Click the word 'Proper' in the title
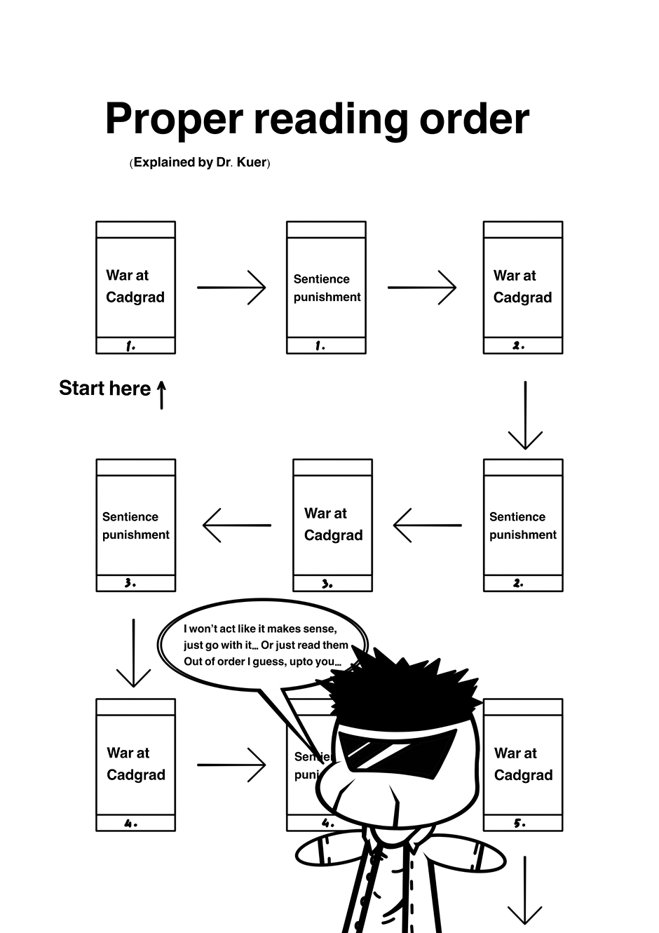click(174, 119)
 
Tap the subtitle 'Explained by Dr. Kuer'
click(200, 163)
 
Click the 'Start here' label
click(104, 389)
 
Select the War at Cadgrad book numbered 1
click(135, 288)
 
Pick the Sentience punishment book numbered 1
click(326, 288)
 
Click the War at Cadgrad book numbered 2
click(523, 288)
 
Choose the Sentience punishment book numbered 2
click(523, 525)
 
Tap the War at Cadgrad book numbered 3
click(332, 525)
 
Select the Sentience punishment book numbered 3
click(135, 525)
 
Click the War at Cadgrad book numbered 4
click(135, 765)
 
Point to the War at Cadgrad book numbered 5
click(523, 765)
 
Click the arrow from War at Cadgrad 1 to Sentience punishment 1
click(231, 288)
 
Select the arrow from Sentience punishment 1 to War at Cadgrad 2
click(422, 288)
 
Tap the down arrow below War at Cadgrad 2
click(525, 415)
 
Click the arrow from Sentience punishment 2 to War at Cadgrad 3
click(428, 525)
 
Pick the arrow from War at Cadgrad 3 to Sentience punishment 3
click(237, 525)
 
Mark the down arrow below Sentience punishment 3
click(133, 653)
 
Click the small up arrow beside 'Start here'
click(161, 394)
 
